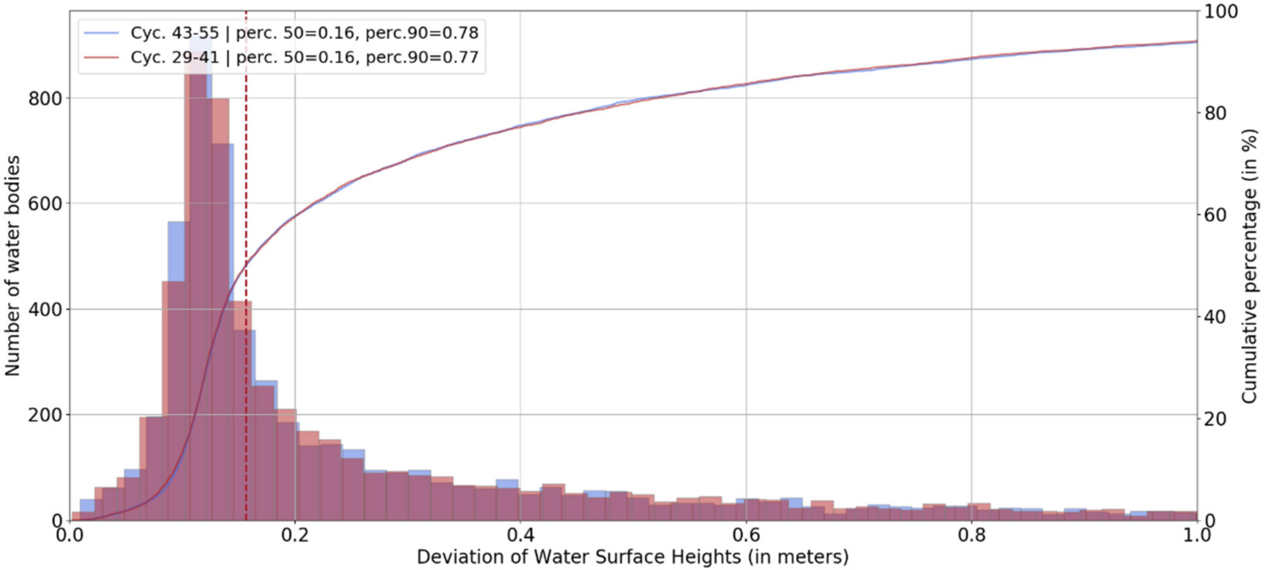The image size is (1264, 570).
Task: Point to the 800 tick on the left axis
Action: [x=45, y=99]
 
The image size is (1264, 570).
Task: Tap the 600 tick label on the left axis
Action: [x=45, y=204]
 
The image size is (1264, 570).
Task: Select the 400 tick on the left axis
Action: [x=45, y=309]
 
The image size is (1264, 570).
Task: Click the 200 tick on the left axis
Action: [x=45, y=415]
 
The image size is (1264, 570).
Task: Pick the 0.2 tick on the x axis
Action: [x=295, y=534]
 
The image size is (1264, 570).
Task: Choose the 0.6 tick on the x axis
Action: [x=746, y=534]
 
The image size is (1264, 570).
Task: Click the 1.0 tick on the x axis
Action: [x=1196, y=534]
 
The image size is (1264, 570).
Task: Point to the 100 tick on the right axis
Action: [x=1221, y=11]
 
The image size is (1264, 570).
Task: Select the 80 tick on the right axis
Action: [x=1215, y=113]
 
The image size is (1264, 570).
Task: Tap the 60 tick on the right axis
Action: [x=1215, y=215]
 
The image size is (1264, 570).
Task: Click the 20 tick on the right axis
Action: [x=1215, y=419]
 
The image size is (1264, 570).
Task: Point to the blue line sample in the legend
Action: [x=101, y=33]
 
